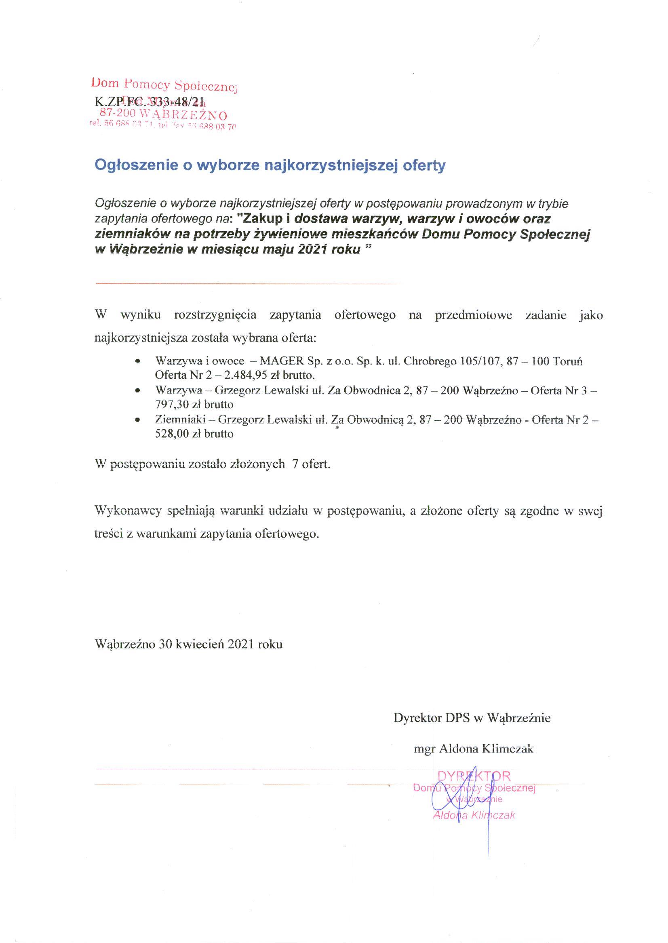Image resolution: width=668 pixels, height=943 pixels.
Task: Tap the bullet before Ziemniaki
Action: pyautogui.click(x=138, y=420)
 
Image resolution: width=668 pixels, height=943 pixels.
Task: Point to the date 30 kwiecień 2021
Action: pyautogui.click(x=202, y=644)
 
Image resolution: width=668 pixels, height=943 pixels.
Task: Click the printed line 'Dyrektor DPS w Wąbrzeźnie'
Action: pyautogui.click(x=472, y=718)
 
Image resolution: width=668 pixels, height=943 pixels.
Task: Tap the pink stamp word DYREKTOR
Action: pyautogui.click(x=474, y=776)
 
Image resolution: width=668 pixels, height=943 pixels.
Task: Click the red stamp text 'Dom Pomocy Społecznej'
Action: pyautogui.click(x=164, y=85)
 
